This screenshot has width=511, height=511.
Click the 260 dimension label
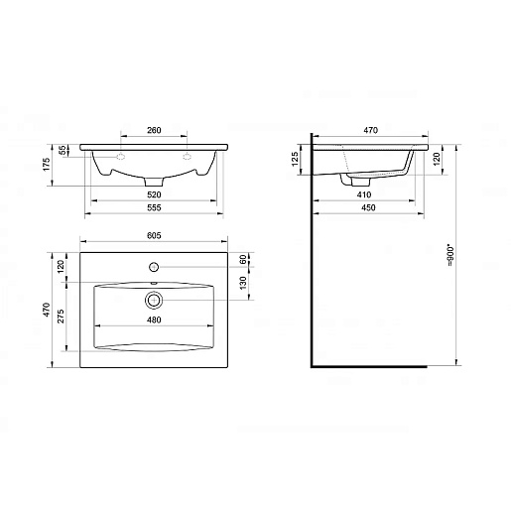point(154,130)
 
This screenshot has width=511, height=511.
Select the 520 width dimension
point(154,194)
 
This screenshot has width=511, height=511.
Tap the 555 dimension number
point(154,207)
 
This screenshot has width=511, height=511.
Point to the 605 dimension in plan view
point(154,235)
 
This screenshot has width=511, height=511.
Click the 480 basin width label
point(154,319)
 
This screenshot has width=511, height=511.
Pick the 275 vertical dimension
point(61,317)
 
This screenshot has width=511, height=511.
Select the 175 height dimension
point(47,165)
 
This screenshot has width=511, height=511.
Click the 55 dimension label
point(63,151)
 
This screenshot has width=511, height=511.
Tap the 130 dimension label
point(243,283)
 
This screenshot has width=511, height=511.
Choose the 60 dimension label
point(243,259)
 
